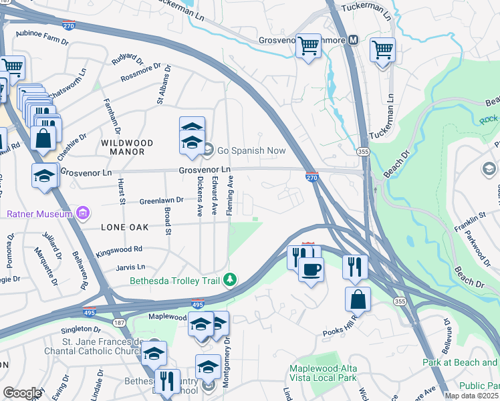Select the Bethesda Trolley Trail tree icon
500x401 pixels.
click(231, 279)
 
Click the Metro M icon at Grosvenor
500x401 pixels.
click(352, 40)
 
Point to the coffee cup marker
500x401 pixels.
click(311, 269)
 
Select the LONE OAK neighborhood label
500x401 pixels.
click(124, 227)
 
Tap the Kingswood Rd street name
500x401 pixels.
click(120, 249)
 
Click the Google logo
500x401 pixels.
click(21, 393)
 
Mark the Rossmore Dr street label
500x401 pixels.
click(141, 73)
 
